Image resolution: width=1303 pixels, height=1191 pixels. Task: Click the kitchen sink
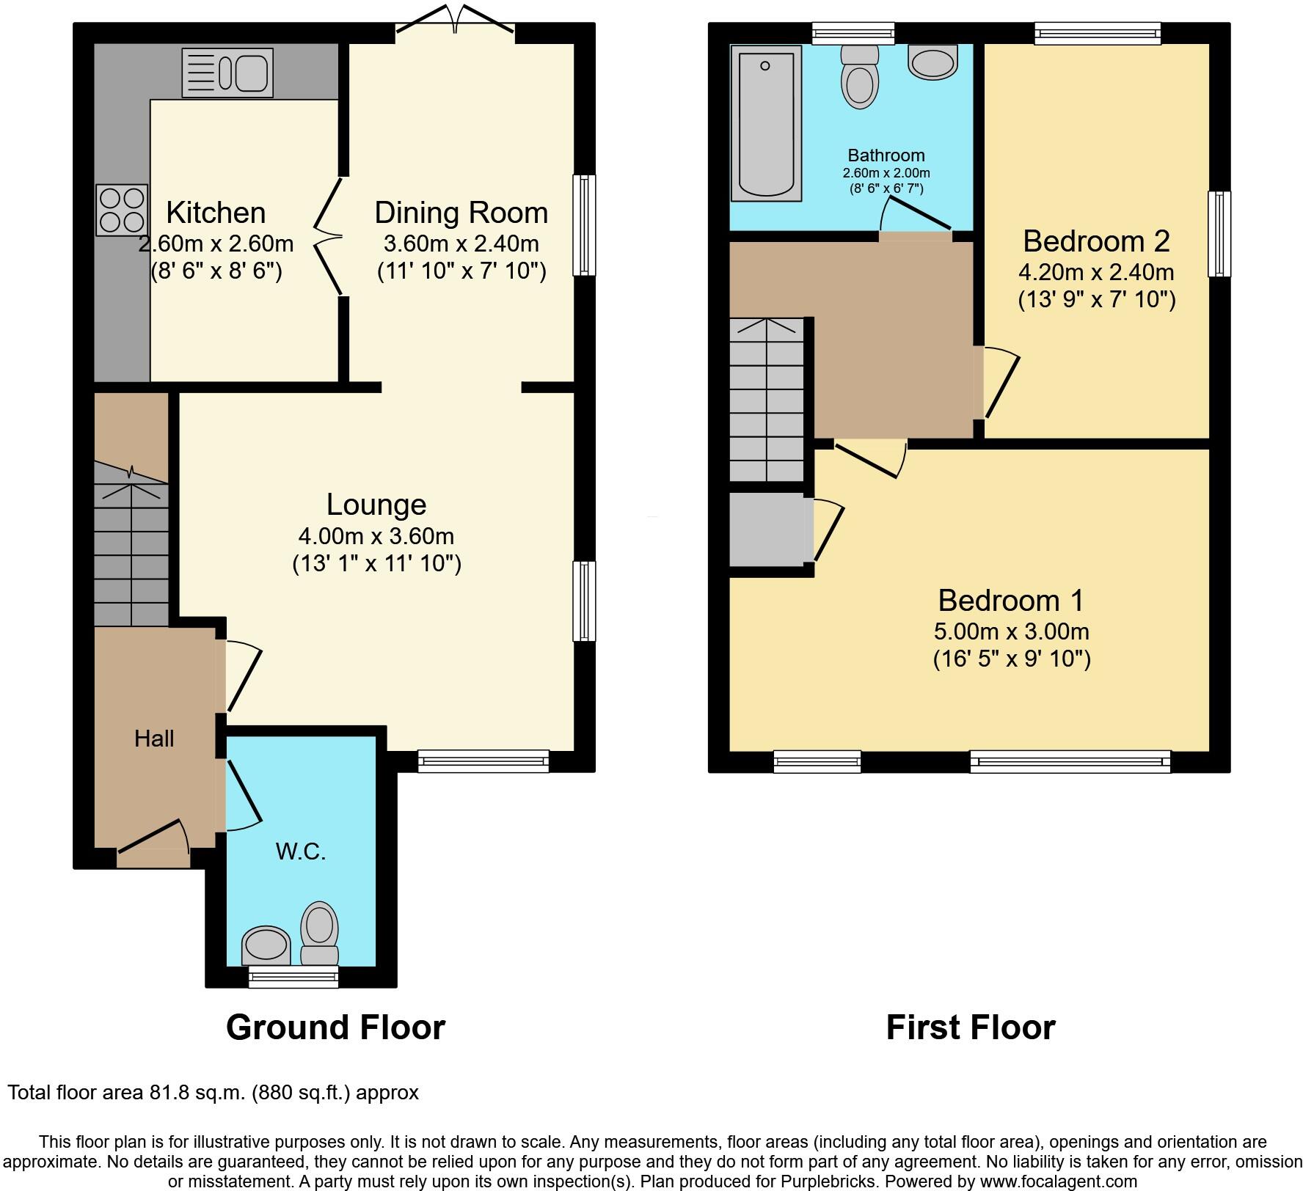point(227,73)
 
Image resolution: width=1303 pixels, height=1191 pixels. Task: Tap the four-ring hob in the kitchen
point(122,210)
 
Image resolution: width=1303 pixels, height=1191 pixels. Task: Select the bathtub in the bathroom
point(765,122)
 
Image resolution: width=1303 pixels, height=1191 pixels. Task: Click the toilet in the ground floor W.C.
point(320,934)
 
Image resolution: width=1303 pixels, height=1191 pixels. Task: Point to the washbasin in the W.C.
point(266,945)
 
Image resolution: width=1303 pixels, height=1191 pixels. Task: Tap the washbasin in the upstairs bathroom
point(932,62)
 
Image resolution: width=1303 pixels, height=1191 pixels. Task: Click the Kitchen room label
point(216,213)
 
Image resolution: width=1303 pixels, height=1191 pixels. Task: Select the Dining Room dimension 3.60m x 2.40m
point(461,243)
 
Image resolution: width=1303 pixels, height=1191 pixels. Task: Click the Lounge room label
point(376,505)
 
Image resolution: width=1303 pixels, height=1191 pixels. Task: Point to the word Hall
point(154,739)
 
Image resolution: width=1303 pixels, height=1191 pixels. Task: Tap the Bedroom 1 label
point(1011,601)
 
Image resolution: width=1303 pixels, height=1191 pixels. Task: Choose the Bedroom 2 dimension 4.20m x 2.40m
point(1096,272)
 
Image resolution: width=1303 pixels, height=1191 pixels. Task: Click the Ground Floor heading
point(335,1027)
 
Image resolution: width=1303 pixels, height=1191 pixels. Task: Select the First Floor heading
point(970,1027)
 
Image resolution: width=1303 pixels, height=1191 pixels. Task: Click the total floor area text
point(213,1093)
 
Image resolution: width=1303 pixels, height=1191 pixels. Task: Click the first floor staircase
point(767,400)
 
